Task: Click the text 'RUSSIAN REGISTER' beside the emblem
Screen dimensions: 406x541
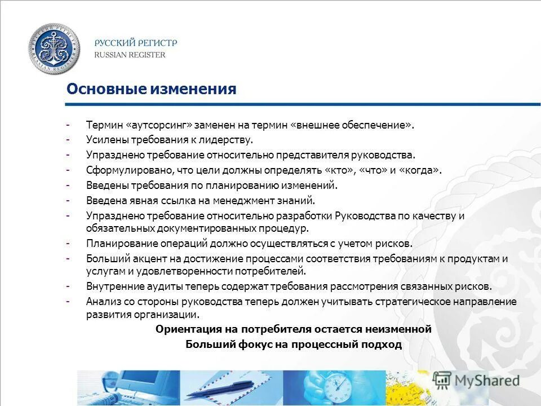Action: point(130,55)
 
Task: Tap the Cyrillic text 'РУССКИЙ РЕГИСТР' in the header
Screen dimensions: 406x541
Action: point(135,43)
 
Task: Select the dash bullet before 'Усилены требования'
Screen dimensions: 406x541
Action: point(68,139)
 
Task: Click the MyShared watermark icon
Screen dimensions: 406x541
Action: point(442,380)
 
